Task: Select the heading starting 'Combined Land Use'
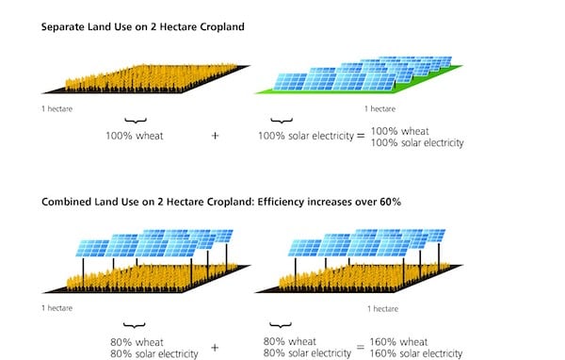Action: point(216,202)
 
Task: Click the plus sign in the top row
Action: point(215,136)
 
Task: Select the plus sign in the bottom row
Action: point(215,348)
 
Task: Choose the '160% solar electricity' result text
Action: point(418,354)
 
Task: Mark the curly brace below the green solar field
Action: point(280,120)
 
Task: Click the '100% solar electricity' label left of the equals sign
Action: point(304,136)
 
